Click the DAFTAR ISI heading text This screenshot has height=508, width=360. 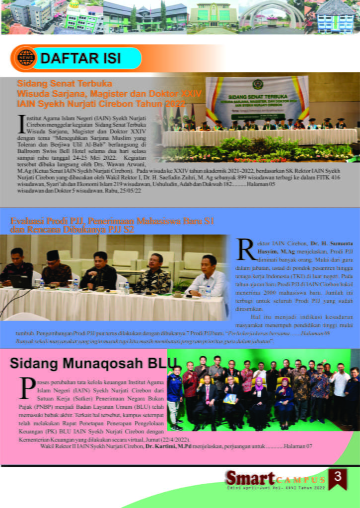click(80, 59)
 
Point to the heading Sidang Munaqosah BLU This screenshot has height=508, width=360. click(86, 363)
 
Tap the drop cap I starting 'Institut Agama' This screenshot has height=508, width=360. click(20, 123)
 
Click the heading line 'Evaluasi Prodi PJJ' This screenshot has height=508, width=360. click(112, 221)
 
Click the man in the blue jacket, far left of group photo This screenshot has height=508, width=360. click(175, 394)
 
